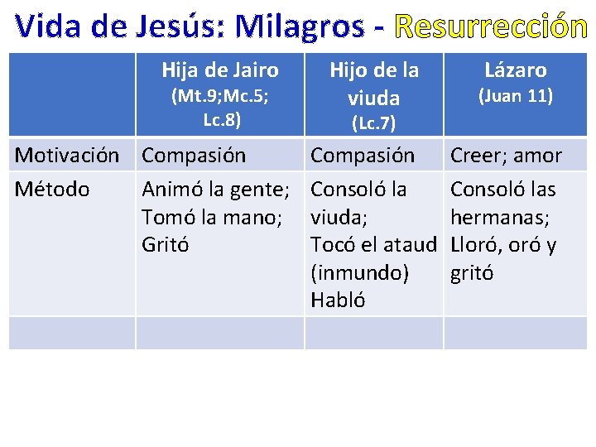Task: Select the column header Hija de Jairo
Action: click(220, 70)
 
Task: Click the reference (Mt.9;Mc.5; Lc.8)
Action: click(220, 108)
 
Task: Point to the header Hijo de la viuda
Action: click(374, 84)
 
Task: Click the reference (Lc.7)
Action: click(374, 124)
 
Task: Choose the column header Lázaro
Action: click(516, 70)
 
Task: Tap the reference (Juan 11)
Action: click(516, 96)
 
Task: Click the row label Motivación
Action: click(67, 156)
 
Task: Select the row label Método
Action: click(52, 189)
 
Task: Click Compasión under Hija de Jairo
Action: click(194, 156)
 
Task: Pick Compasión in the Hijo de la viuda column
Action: click(363, 156)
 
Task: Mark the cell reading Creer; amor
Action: click(506, 156)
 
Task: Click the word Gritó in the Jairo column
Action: click(166, 245)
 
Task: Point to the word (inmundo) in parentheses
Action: click(359, 273)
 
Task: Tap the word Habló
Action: click(338, 300)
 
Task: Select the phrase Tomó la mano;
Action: click(212, 217)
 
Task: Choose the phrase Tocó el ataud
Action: click(372, 245)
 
